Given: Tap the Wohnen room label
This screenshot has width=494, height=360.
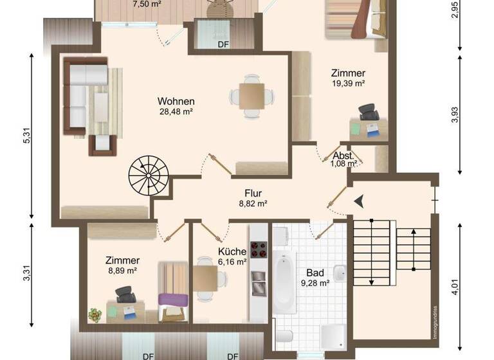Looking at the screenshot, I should pos(176,102).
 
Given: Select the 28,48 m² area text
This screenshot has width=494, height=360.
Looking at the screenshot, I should pos(176,111).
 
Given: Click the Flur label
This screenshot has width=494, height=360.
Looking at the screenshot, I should pos(253,193).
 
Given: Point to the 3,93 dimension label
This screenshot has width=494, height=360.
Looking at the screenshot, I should pos(455,114).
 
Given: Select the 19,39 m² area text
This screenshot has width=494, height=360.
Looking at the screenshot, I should pos(348,83).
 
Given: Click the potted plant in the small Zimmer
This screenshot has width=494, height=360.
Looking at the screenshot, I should pos(95,315).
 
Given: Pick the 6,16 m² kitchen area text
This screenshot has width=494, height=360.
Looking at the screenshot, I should pos(232,262).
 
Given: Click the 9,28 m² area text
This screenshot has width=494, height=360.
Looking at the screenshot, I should pos(315,282).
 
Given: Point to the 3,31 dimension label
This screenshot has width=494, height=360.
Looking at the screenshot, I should pos(26,274).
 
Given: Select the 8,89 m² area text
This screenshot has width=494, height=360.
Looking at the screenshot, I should pos(122,271).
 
